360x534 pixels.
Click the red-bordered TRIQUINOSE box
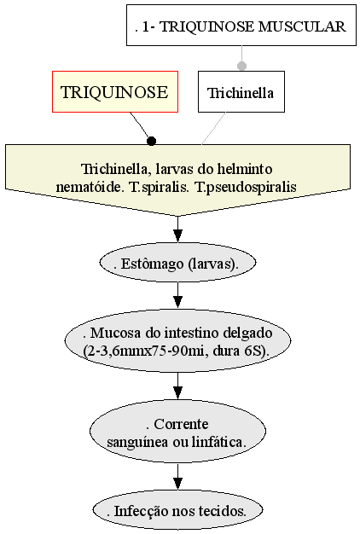point(115,91)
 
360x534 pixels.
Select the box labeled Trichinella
point(241,91)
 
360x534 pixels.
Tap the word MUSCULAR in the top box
point(302,26)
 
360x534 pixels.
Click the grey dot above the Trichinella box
point(241,66)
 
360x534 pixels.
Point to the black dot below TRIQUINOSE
point(151,141)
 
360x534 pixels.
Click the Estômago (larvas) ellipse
point(177,264)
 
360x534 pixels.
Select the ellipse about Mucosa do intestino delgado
point(177,341)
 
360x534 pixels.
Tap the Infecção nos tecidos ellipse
point(177,510)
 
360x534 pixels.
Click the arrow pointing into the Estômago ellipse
point(177,229)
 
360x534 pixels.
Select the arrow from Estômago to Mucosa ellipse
point(177,294)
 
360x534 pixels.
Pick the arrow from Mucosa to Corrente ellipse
point(177,386)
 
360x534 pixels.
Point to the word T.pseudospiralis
point(246,187)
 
